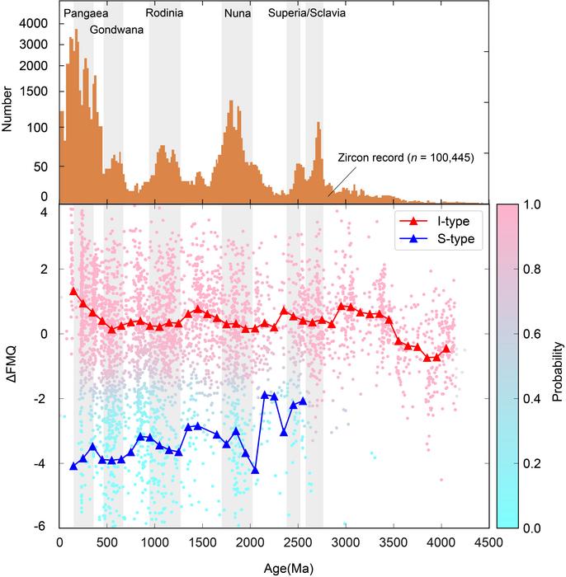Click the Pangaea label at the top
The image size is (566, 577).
point(84,15)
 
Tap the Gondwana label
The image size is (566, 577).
point(116,30)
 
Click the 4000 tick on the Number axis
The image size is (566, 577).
point(37,23)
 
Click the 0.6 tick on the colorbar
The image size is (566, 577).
point(531,334)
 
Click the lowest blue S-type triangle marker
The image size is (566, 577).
point(255,470)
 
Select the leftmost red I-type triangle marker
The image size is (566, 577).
point(73,291)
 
